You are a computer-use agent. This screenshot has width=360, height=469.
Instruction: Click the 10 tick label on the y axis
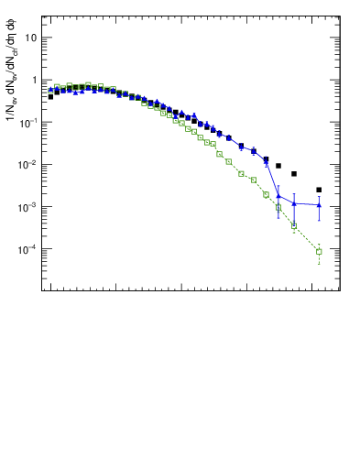(x=31, y=38)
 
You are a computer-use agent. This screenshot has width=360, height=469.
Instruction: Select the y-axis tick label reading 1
(x=34, y=80)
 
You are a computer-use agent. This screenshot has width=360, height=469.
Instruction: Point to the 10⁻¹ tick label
(x=29, y=122)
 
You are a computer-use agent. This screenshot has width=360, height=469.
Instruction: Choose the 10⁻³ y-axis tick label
(x=29, y=206)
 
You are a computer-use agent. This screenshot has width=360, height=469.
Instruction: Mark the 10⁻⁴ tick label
(x=29, y=248)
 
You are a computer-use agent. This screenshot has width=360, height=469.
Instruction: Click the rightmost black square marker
(x=319, y=190)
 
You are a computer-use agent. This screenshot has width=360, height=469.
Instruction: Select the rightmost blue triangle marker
(x=319, y=205)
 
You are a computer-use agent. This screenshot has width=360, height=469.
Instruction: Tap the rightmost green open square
(x=319, y=251)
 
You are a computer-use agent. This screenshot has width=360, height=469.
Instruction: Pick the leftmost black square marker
(x=50, y=96)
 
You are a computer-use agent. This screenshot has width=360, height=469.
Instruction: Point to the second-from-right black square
(x=294, y=174)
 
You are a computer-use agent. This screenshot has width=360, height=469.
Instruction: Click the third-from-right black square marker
(x=278, y=166)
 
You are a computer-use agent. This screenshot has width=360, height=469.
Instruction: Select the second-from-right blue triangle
(x=294, y=202)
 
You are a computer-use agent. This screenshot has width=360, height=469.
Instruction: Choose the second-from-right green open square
(x=294, y=225)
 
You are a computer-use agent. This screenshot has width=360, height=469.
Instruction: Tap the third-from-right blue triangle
(x=278, y=195)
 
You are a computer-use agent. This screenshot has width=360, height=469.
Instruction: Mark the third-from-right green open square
(x=278, y=207)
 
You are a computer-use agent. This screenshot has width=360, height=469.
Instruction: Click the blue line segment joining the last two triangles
(x=307, y=204)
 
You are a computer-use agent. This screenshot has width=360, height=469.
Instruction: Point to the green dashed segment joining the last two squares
(x=307, y=238)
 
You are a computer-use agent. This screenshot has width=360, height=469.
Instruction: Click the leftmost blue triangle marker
(x=50, y=90)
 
